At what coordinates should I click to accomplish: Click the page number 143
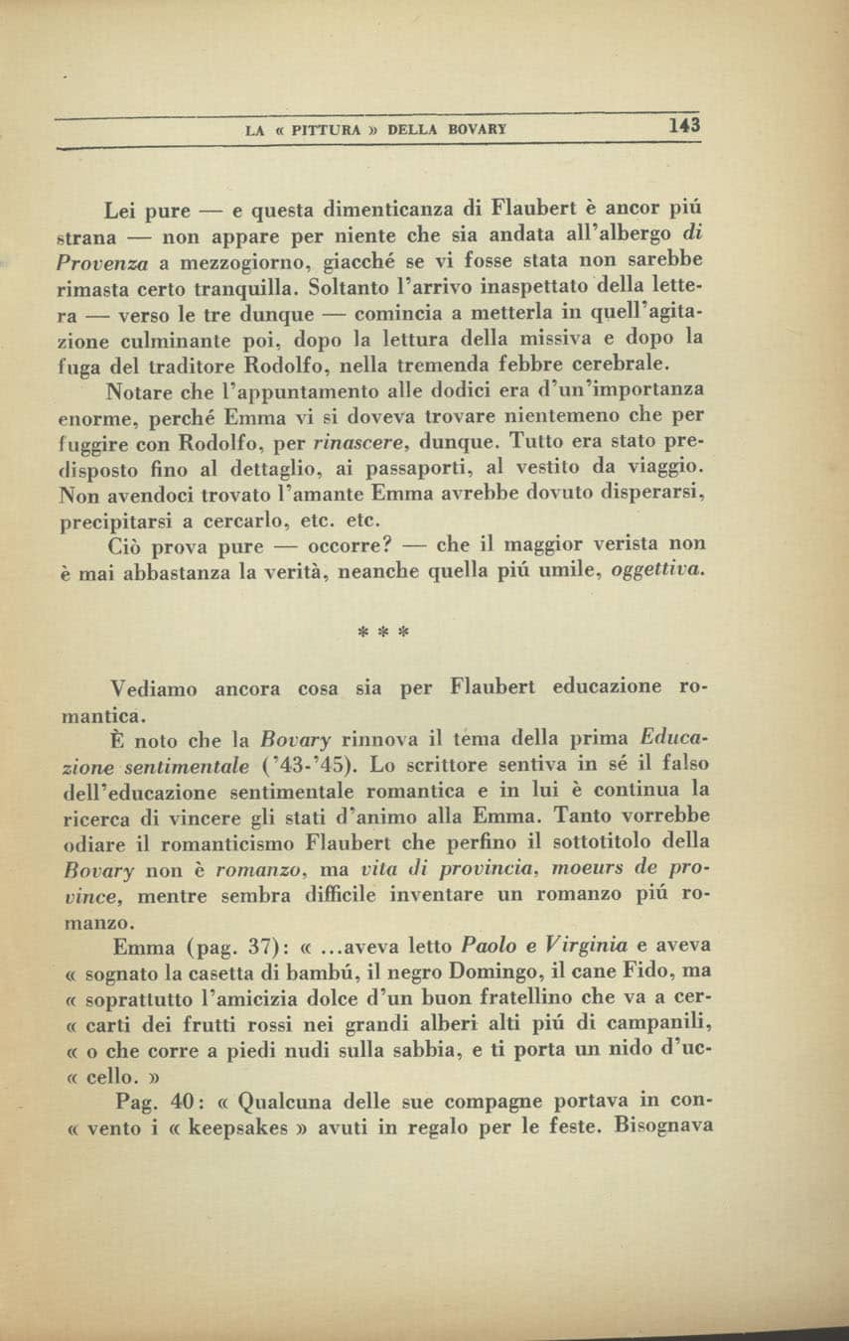point(684,126)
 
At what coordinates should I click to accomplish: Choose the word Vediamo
point(155,687)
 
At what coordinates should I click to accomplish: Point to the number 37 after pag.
point(235,945)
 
